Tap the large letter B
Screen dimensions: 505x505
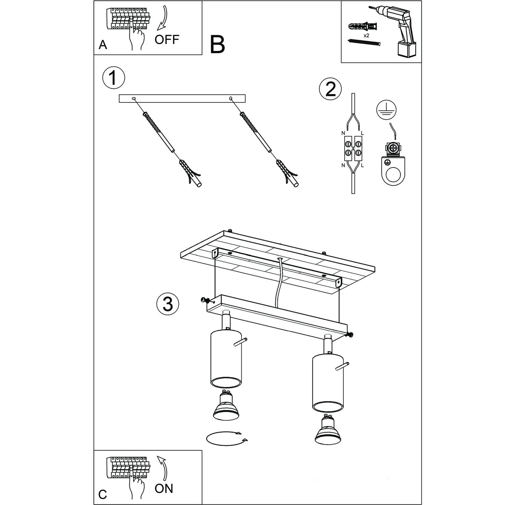[217, 45]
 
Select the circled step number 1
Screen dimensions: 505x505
[114, 78]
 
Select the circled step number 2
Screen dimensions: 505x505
[330, 89]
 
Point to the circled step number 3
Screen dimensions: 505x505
[168, 304]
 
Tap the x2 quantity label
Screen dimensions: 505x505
[367, 35]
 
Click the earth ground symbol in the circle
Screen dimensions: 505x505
[386, 110]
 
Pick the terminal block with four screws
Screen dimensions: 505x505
[353, 148]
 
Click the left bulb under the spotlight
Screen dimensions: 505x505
[226, 409]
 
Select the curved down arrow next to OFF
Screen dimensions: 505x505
[164, 19]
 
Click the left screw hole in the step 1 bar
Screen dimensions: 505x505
[134, 98]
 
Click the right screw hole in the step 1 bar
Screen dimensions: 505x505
[231, 98]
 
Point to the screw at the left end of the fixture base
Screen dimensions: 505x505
[204, 300]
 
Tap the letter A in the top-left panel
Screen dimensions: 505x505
[103, 45]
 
